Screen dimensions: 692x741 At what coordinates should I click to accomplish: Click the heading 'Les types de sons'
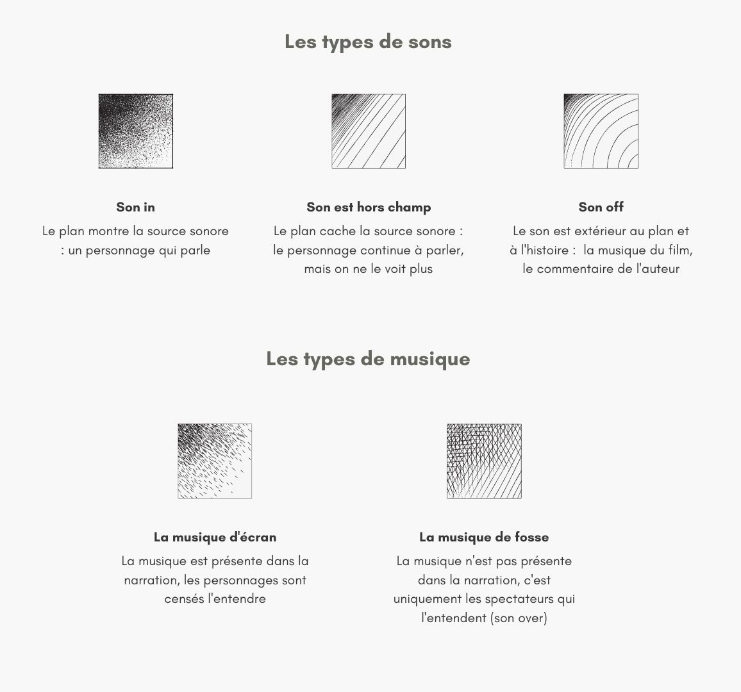point(368,42)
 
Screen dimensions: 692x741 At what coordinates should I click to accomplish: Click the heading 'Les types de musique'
point(368,359)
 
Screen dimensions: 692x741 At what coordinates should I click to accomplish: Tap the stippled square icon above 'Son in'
point(136,131)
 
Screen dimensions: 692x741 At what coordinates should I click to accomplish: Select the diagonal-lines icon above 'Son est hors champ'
point(369,131)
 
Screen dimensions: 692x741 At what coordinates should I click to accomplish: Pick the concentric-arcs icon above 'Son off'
point(601,131)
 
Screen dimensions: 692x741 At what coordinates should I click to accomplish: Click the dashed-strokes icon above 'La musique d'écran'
point(215,461)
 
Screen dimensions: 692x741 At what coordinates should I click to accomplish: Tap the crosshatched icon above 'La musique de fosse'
point(484,461)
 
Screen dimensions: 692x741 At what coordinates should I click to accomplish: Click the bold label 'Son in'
point(135,207)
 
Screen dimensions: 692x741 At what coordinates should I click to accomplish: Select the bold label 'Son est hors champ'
point(369,207)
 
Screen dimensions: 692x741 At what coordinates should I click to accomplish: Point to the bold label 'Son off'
point(601,207)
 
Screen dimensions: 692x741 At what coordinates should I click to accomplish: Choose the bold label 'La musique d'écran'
point(215,537)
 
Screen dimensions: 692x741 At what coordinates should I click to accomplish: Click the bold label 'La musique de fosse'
point(484,537)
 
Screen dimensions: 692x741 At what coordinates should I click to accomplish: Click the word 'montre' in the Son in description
point(109,231)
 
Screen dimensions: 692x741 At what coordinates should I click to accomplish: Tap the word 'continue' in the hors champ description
point(387,251)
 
